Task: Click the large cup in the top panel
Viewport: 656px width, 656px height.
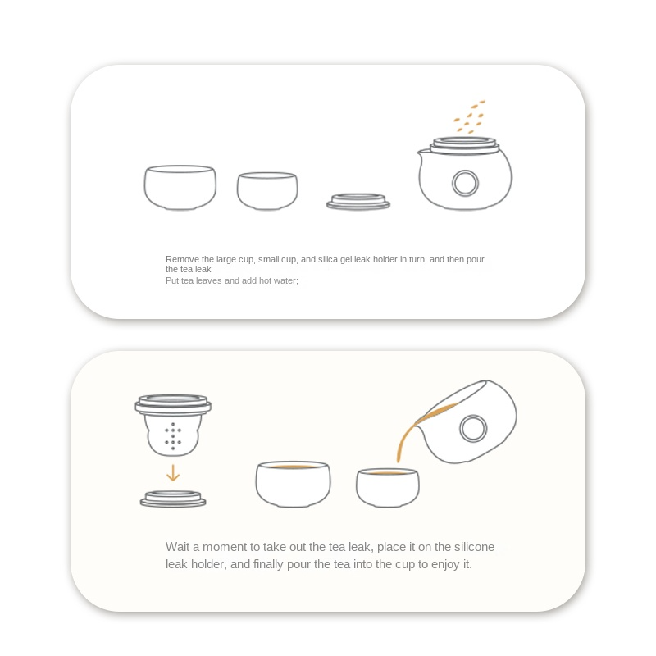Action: [x=180, y=187]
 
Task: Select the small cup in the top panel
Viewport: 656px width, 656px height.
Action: [x=267, y=190]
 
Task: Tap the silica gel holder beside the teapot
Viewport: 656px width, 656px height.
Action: [x=358, y=202]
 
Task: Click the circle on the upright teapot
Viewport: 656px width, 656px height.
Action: [x=465, y=183]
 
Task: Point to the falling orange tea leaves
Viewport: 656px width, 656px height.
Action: [x=469, y=116]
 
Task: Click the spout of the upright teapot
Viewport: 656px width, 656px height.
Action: [x=422, y=153]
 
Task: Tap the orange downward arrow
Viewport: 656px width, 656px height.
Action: [x=173, y=473]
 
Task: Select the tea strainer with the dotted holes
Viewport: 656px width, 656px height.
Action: [x=173, y=425]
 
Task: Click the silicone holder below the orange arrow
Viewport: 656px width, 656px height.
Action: [x=173, y=499]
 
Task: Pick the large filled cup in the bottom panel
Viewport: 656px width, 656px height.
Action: [x=293, y=484]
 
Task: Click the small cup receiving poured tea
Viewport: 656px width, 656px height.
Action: [x=387, y=488]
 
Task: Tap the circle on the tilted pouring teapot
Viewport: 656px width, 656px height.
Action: [x=473, y=428]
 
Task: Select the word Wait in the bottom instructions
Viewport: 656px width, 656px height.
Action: [x=177, y=547]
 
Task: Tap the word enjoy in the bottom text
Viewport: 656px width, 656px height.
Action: [x=445, y=564]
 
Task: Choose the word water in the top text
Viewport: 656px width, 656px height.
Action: [x=286, y=280]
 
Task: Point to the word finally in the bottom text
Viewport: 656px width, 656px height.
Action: [x=269, y=564]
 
